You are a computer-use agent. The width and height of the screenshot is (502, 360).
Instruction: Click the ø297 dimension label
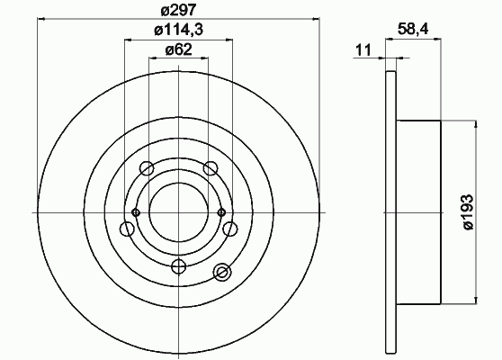[x=178, y=10]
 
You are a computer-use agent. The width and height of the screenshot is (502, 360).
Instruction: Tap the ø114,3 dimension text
[x=179, y=30]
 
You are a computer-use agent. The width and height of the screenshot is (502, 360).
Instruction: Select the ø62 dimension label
[x=179, y=49]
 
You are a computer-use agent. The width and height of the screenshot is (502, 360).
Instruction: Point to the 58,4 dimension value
[x=413, y=30]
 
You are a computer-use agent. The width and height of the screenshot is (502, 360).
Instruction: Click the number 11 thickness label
[x=363, y=50]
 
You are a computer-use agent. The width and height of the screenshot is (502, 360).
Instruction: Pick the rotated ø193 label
[x=468, y=211]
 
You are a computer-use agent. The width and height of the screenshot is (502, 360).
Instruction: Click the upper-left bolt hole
[x=147, y=168]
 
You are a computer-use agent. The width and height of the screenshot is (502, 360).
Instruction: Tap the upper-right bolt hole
[x=211, y=168]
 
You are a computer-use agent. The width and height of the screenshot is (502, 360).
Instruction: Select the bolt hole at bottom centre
[x=179, y=266]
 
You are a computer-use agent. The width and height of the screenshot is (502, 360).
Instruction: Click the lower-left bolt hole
[x=127, y=229]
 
